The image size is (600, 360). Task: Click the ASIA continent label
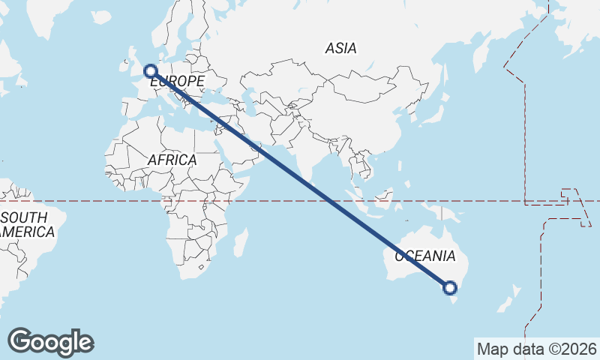(x=340, y=49)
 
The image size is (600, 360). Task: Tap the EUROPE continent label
(x=178, y=81)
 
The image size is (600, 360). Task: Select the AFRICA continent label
(x=172, y=160)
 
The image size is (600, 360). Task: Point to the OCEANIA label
(x=424, y=256)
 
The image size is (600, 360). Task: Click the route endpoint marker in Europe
(x=151, y=71)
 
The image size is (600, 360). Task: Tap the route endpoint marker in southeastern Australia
(x=450, y=287)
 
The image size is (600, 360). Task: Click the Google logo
(x=50, y=342)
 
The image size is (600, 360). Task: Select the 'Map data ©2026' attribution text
(x=536, y=349)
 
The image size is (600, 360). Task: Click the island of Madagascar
(x=241, y=244)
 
